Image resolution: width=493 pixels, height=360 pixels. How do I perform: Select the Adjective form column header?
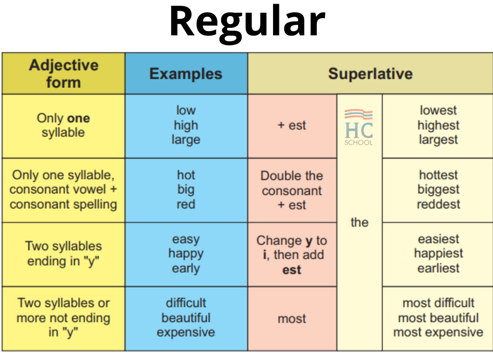click(x=64, y=73)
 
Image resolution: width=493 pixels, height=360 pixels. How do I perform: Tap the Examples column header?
click(x=186, y=73)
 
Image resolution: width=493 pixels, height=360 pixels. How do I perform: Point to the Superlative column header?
click(x=370, y=73)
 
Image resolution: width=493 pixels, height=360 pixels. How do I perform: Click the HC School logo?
click(x=359, y=127)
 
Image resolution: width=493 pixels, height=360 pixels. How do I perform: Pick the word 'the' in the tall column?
click(x=359, y=222)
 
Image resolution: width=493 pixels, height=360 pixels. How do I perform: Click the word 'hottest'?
click(x=438, y=175)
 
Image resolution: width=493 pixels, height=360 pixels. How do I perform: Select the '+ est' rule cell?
click(x=292, y=125)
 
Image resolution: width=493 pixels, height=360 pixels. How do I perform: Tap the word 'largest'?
click(x=438, y=140)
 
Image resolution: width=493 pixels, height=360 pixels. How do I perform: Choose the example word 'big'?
click(x=186, y=190)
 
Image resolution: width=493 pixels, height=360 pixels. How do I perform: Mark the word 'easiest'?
click(x=438, y=239)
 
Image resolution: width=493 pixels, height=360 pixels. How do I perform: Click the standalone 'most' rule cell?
click(x=292, y=319)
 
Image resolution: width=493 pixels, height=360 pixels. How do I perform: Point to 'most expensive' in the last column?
click(x=438, y=332)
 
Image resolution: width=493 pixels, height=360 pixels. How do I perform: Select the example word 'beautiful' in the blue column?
click(x=186, y=318)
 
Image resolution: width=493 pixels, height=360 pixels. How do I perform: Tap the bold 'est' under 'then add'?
click(x=292, y=270)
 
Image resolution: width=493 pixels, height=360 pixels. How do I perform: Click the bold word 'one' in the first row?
click(x=79, y=118)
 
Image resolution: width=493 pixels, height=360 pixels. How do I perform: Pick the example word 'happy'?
click(x=186, y=254)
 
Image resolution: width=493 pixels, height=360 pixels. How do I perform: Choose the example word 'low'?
click(x=186, y=110)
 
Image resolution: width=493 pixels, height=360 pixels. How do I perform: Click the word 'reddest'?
click(x=438, y=204)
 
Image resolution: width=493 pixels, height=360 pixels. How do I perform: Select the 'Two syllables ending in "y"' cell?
click(x=64, y=254)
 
